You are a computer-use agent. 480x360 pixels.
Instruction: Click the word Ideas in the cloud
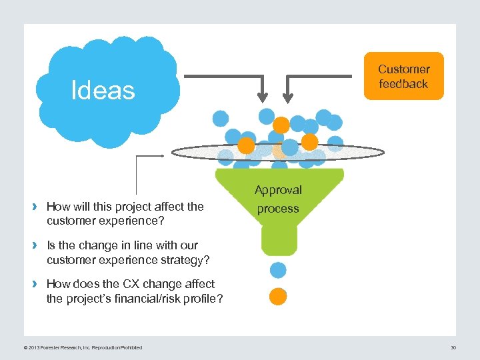[103, 90]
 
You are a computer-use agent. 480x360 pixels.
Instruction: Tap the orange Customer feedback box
[403, 76]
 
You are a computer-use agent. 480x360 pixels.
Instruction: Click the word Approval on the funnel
[278, 190]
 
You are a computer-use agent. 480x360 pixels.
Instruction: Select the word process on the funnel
[278, 209]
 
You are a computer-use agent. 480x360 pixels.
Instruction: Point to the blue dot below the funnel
[278, 270]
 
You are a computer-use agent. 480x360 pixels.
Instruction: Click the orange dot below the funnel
[278, 297]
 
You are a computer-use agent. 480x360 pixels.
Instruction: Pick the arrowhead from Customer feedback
[288, 99]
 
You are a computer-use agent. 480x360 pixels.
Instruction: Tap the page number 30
[453, 347]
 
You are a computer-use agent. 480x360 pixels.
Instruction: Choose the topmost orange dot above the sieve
[281, 125]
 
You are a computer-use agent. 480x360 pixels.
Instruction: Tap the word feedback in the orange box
[403, 84]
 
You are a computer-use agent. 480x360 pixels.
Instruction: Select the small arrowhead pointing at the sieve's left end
[162, 155]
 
